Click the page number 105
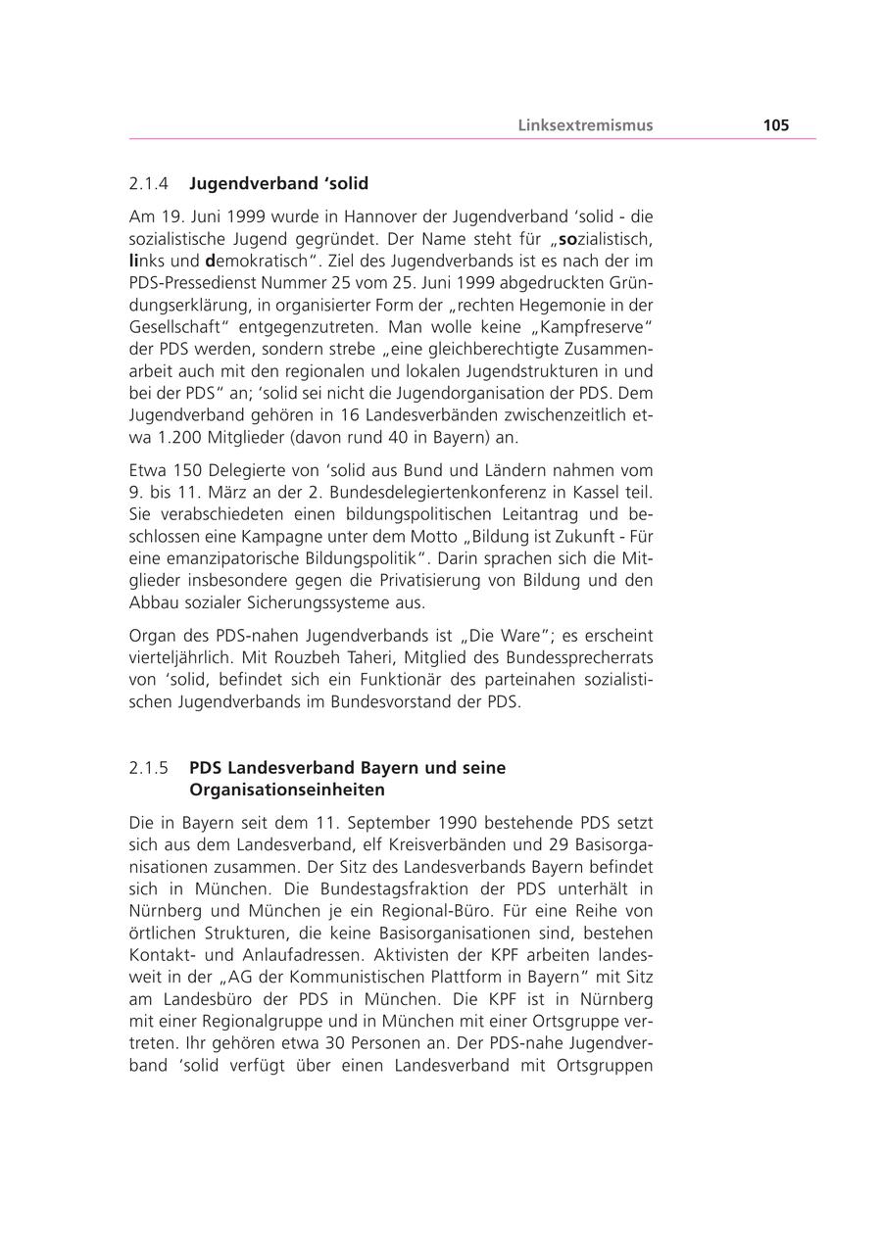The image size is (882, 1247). (775, 125)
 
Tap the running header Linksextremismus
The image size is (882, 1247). (585, 125)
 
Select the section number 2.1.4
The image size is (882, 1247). (149, 183)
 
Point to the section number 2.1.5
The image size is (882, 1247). (149, 768)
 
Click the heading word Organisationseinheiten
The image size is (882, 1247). (287, 790)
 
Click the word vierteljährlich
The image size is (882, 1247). (183, 658)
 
